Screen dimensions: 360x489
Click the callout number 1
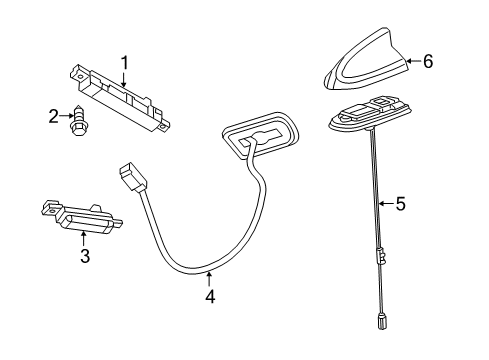125,63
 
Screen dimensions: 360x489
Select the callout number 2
53,116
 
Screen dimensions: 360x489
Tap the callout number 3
85,257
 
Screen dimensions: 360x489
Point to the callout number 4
209,296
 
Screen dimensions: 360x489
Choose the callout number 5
399,204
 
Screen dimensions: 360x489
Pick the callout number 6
427,62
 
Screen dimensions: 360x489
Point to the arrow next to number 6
411,62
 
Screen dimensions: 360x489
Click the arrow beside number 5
386,204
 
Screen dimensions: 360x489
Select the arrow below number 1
124,78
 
